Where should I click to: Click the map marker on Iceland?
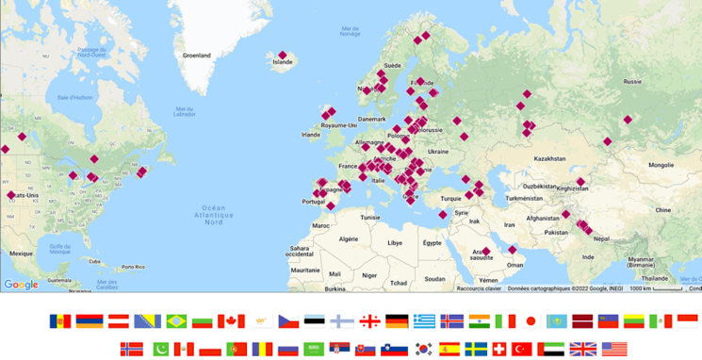282,56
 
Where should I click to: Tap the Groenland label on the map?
197,56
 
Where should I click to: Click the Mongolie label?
661,165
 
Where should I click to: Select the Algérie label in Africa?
349,239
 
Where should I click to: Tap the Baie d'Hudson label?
74,97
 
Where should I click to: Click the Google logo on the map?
21,285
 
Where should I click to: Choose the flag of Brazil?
176,321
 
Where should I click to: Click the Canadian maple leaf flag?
231,321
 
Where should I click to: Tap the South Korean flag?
423,349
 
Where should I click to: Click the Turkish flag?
521,349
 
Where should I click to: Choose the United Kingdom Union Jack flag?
582,349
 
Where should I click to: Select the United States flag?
613,349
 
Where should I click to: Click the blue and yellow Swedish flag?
476,349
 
